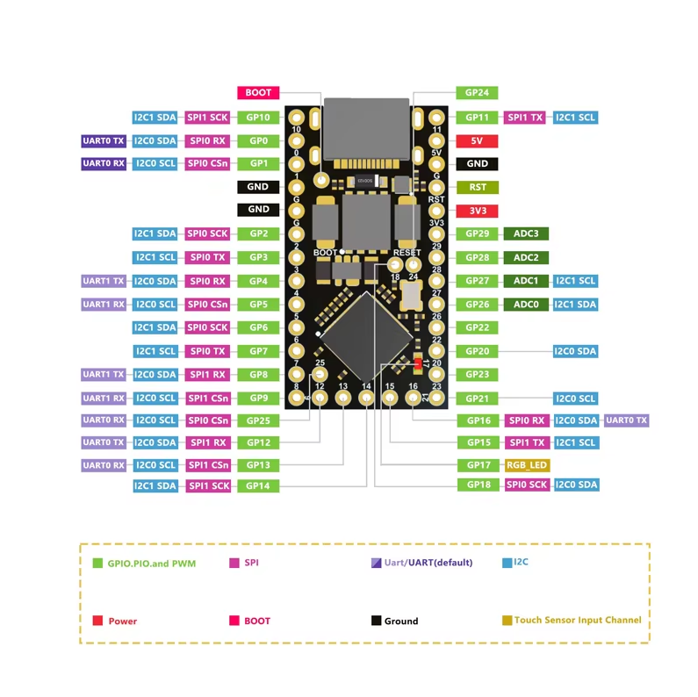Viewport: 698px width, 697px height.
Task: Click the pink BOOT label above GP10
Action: tap(258, 93)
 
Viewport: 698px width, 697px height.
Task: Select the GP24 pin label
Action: tap(478, 93)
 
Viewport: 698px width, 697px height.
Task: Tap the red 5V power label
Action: tap(478, 140)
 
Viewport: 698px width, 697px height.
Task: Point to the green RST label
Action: tap(478, 187)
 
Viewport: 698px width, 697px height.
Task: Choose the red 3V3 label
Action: tap(478, 211)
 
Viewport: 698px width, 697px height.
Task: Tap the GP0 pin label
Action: tap(258, 140)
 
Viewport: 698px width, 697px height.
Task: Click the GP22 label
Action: tap(478, 327)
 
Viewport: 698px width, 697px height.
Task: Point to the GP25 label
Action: tap(258, 421)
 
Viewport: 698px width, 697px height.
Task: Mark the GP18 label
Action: tap(478, 485)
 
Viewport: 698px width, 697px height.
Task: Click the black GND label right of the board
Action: tap(478, 164)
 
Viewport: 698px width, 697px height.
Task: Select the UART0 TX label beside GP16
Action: tap(626, 421)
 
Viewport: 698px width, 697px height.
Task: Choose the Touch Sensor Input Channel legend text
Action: tap(578, 620)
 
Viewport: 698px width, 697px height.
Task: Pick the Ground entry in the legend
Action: tap(400, 621)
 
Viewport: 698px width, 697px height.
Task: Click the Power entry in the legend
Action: tap(122, 621)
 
